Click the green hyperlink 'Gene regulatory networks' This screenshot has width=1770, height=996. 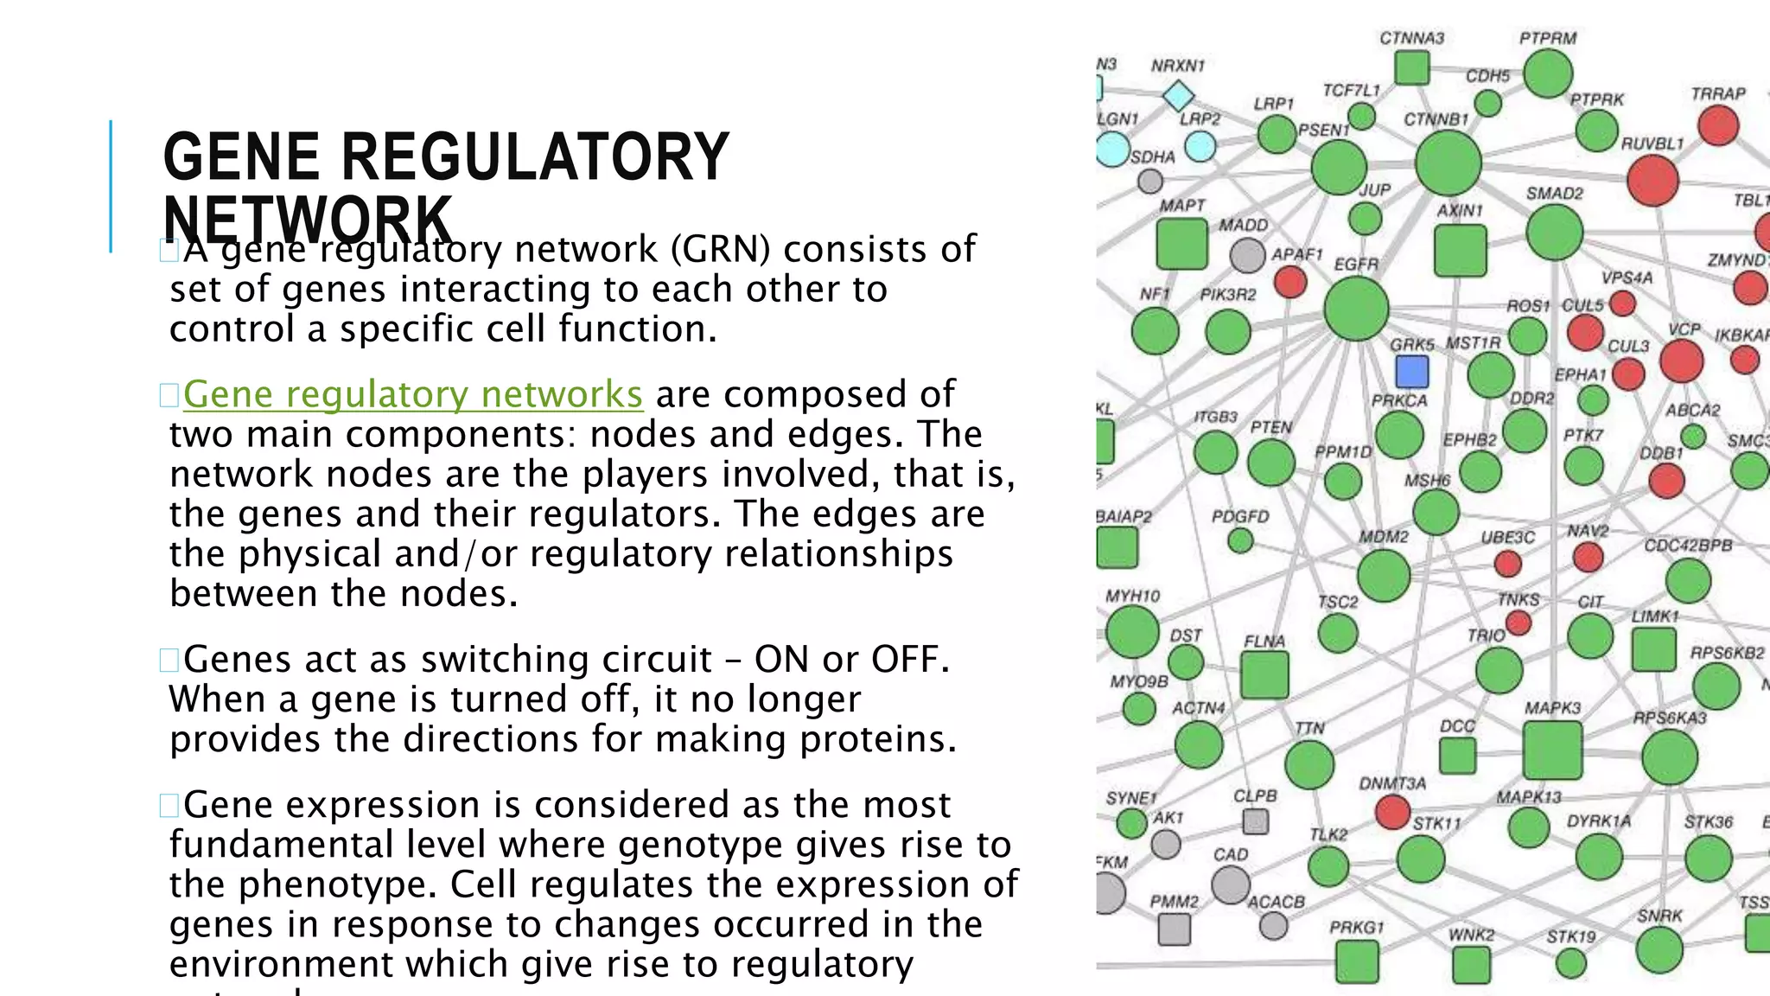click(412, 394)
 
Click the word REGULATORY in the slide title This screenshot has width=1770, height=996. click(535, 157)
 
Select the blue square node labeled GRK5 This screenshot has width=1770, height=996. click(1412, 372)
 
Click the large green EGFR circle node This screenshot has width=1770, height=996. click(1356, 309)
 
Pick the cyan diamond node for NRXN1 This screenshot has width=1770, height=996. click(1178, 95)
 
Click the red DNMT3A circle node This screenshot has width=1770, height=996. click(1392, 811)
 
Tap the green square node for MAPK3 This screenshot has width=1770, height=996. click(1552, 750)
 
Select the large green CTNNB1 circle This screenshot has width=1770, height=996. click(1448, 163)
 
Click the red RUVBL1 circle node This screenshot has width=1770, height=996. click(1652, 181)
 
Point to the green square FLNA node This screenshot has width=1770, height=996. click(1264, 674)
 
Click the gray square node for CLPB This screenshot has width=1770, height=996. click(1255, 820)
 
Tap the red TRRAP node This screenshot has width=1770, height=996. click(1718, 126)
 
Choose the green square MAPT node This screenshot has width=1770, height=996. click(1181, 244)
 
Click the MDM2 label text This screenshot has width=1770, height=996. click(1384, 537)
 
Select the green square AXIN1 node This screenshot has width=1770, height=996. click(1460, 251)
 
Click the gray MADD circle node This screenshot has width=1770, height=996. click(1247, 255)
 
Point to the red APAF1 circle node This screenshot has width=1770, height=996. click(1290, 282)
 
